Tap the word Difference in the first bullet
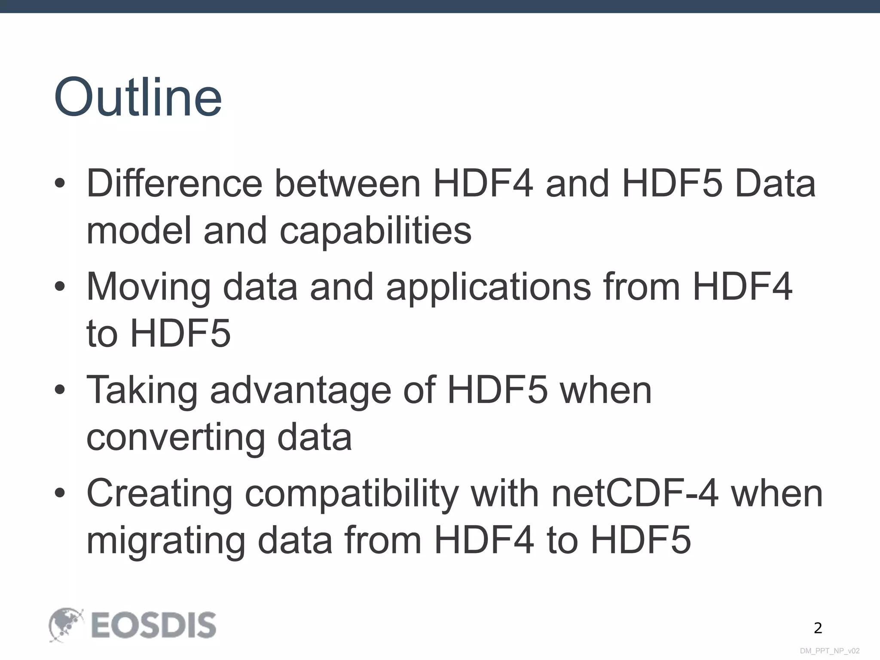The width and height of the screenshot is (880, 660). click(174, 183)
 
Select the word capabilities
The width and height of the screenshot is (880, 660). click(376, 231)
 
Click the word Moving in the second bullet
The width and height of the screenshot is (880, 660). click(149, 287)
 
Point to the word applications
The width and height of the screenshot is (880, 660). click(488, 287)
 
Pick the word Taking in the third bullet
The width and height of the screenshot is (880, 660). click(142, 390)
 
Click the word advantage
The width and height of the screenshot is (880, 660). click(300, 390)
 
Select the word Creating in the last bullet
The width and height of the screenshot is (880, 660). click(159, 493)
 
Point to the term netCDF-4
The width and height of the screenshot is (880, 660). click(635, 493)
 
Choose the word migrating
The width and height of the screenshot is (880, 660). click(166, 541)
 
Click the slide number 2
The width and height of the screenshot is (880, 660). click(818, 628)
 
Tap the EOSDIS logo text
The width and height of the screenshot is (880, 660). click(153, 625)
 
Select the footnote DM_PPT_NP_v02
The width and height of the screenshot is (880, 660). click(830, 651)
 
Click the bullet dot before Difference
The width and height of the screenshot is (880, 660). click(60, 184)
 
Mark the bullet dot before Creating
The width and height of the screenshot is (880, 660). click(60, 494)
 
